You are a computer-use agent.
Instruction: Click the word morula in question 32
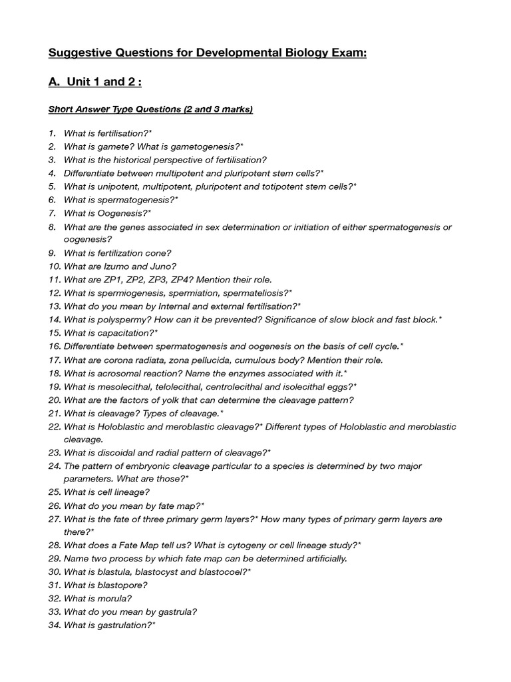pyautogui.click(x=119, y=599)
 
